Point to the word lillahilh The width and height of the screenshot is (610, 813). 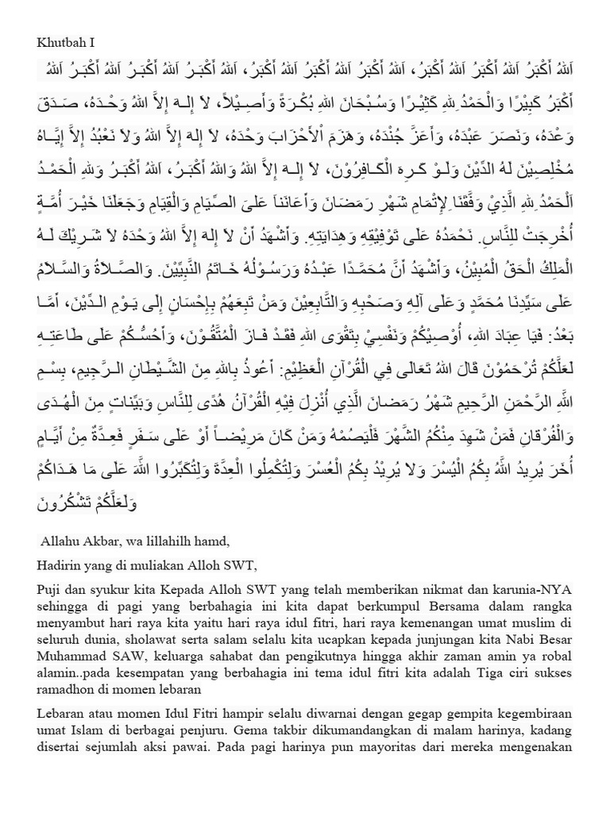pos(161,541)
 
